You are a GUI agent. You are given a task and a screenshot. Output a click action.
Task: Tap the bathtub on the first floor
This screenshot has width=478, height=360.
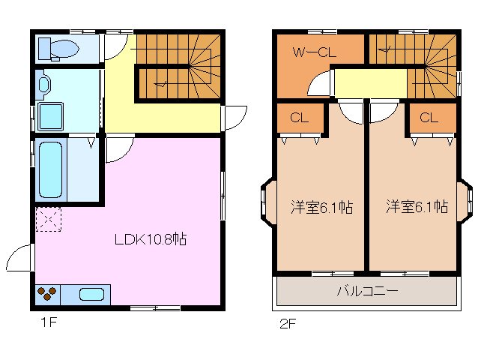pos(50,169)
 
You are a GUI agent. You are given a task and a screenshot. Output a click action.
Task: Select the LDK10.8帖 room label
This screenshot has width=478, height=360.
pos(150,240)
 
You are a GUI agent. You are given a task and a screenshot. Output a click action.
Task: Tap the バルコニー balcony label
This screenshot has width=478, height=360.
pos(366,290)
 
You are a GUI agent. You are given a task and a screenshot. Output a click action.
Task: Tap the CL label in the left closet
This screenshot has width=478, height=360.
pos(299,118)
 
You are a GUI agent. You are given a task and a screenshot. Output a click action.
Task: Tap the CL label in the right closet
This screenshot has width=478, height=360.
pos(429,118)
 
